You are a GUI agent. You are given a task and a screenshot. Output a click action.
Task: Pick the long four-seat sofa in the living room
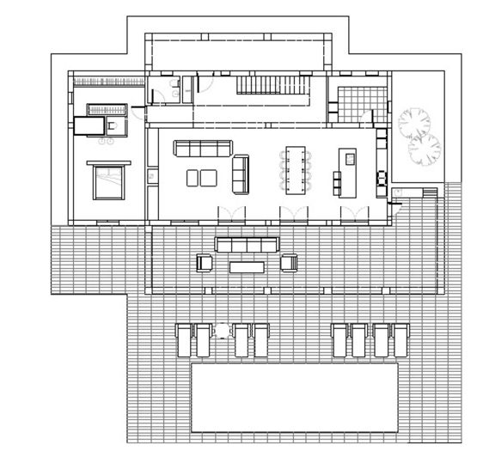click(x=202, y=148)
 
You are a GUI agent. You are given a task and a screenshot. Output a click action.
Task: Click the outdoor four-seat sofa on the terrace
click(x=247, y=246)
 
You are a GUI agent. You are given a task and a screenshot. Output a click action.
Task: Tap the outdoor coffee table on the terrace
click(x=249, y=266)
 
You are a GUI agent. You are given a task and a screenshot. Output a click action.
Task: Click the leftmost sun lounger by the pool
click(x=182, y=340)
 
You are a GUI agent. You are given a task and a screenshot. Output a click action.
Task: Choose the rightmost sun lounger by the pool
click(x=398, y=340)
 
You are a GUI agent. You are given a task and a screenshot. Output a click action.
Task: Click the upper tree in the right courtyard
click(x=416, y=121)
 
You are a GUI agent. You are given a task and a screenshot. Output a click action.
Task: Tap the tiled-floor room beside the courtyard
click(x=354, y=104)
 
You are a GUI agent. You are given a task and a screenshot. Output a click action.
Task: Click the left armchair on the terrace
click(x=205, y=263)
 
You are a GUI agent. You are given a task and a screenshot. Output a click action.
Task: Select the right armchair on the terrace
click(x=290, y=262)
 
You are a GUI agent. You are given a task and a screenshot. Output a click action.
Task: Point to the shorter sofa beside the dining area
click(x=241, y=174)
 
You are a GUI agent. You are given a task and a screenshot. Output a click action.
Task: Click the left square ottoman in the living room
click(x=194, y=178)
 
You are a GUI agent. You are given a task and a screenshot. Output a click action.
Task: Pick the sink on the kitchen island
click(x=349, y=159)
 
